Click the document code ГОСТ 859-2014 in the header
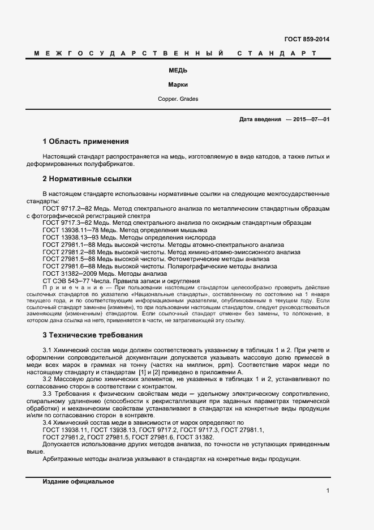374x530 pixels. pos(306,40)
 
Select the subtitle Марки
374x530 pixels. pos(178,85)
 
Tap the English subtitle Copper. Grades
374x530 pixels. pos(178,99)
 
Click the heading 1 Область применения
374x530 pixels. pos(85,141)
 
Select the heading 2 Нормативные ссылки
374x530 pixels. pos(87,179)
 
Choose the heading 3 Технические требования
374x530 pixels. pos(93,335)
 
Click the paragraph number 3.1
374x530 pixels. pos(48,351)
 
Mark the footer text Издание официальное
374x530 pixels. pos(78,481)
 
